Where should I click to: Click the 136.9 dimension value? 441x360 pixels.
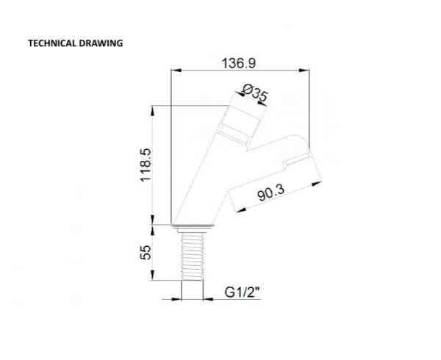pyautogui.click(x=239, y=63)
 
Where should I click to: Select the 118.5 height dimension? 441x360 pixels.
pyautogui.click(x=146, y=165)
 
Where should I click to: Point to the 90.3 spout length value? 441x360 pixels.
pyautogui.click(x=270, y=192)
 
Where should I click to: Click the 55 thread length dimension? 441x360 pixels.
pyautogui.click(x=146, y=252)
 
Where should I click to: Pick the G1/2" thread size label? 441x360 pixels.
pyautogui.click(x=242, y=292)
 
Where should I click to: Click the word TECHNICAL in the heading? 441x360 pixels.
pyautogui.click(x=52, y=43)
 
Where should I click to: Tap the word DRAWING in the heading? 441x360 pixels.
pyautogui.click(x=101, y=43)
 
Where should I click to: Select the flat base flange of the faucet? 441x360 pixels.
pyautogui.click(x=193, y=226)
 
